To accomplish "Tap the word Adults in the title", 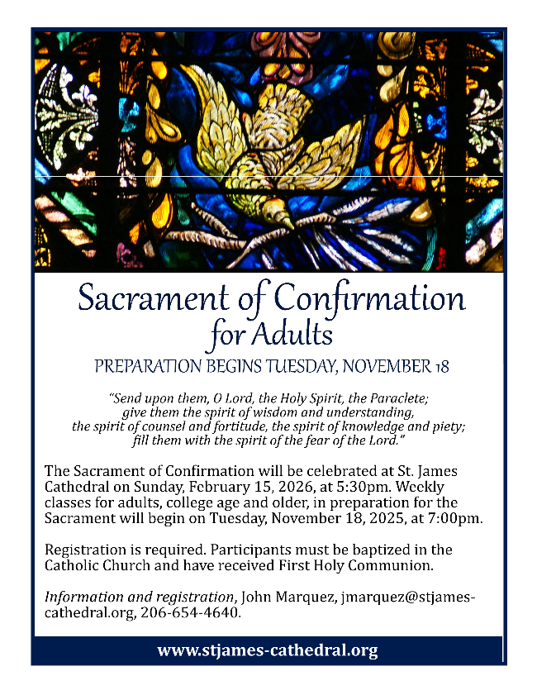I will pos(294,335).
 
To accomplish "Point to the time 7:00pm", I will pos(454,517).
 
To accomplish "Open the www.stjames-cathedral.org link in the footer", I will pos(268,650).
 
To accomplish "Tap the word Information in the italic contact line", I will pos(85,597).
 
